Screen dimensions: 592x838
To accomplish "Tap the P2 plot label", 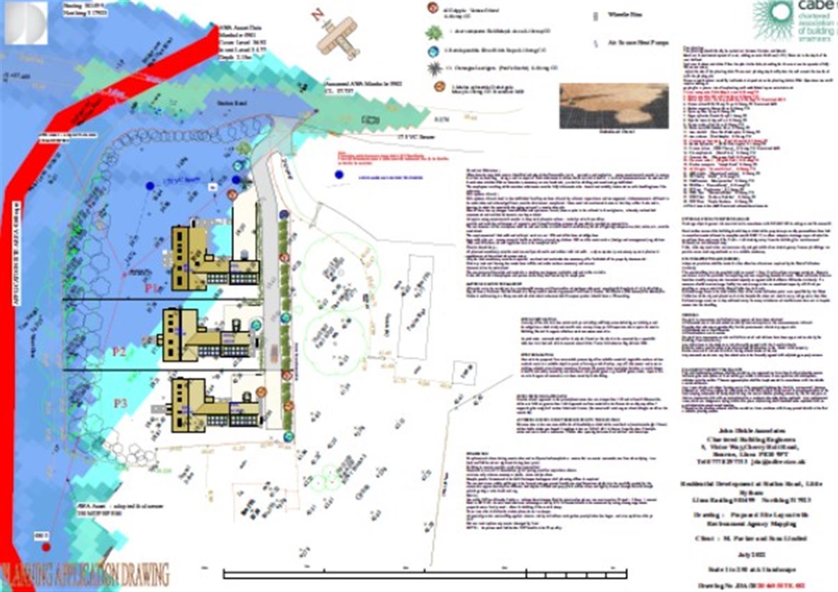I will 119,351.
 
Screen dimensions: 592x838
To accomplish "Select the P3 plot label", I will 120,403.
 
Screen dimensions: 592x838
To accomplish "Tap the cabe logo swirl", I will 772,20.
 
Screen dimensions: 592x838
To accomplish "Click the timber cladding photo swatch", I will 614,106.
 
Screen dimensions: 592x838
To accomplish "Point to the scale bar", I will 425,574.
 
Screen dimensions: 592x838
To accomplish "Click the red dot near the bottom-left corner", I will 46,547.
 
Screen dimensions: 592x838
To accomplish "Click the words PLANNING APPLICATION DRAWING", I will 85,575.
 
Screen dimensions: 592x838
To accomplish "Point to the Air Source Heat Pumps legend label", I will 638,42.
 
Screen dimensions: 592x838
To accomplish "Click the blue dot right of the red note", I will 339,175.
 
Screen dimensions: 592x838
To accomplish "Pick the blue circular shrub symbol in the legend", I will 434,51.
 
